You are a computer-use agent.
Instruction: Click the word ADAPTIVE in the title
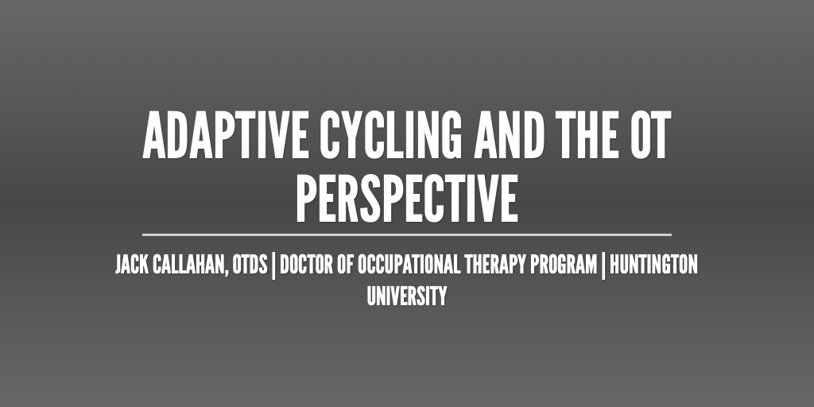point(226,135)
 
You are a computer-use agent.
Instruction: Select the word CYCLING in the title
point(390,135)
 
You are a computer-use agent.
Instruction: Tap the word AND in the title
point(509,135)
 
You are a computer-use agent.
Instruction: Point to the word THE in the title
point(587,135)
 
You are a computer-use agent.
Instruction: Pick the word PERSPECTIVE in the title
point(407,198)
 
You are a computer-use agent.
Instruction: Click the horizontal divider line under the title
point(407,235)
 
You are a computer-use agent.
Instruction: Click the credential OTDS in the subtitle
point(250,266)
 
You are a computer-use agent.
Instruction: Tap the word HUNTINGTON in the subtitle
point(653,266)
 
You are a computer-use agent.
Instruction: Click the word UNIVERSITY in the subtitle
point(407,297)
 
